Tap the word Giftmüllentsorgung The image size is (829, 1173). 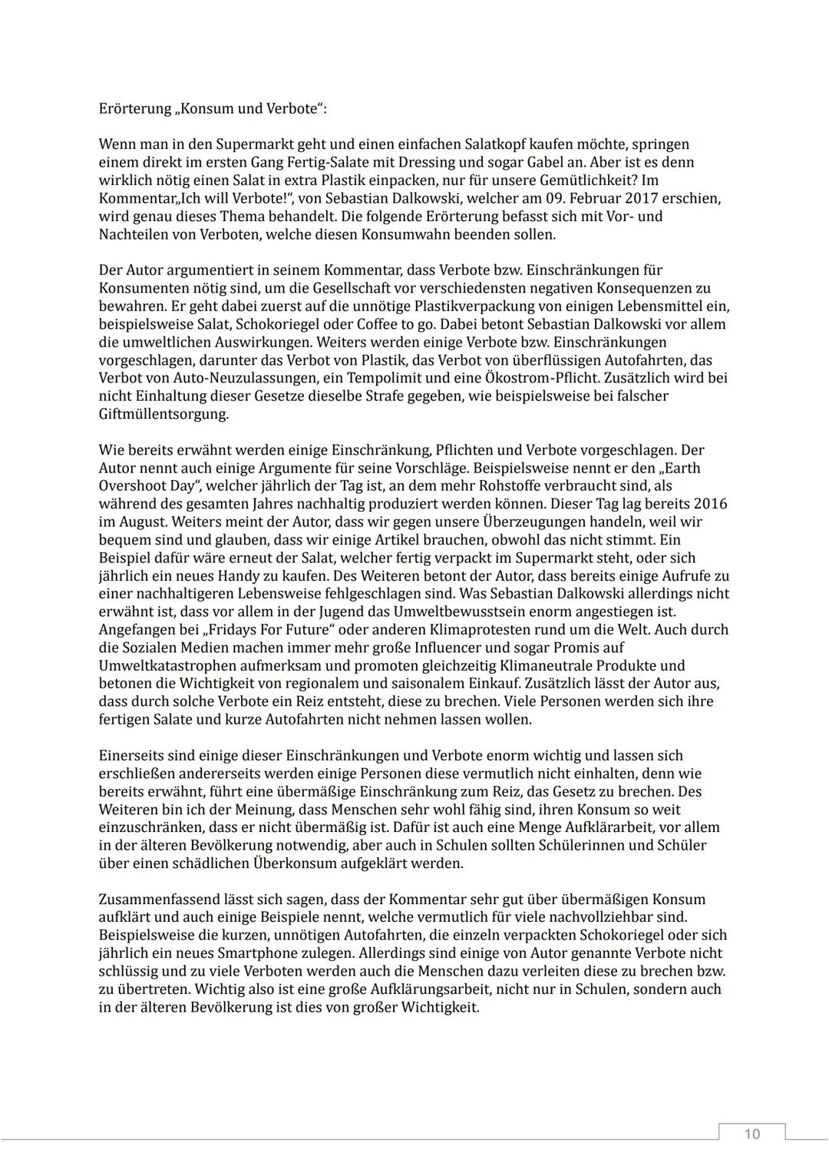(163, 414)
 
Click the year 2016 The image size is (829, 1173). (710, 504)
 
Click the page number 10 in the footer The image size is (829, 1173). (751, 1135)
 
